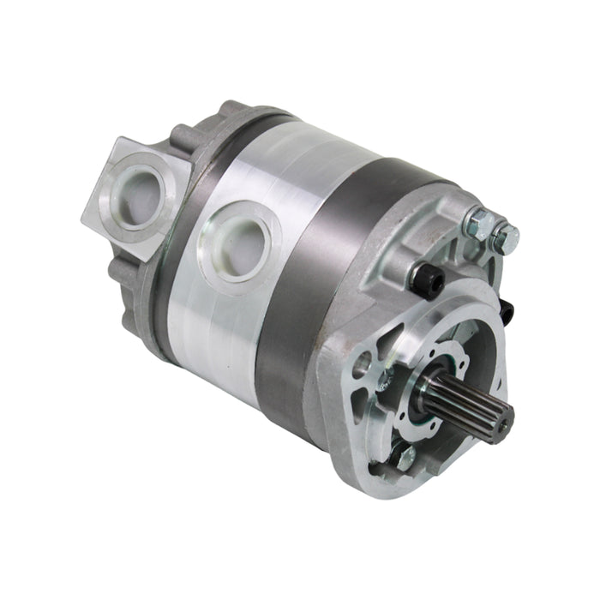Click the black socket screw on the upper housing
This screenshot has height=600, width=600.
[x=425, y=276]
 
